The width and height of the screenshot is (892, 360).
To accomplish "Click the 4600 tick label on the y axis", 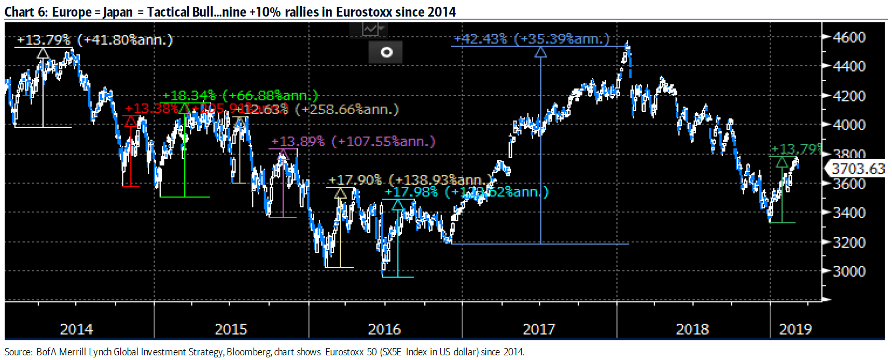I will (849, 37).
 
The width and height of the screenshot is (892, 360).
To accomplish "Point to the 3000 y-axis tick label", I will (849, 271).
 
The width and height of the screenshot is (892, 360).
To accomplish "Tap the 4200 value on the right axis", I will (849, 96).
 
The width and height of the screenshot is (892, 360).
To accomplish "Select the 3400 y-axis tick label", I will (849, 213).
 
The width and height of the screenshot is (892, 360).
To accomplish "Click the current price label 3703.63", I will (858, 169).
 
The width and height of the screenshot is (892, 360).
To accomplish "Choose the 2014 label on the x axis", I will (76, 329).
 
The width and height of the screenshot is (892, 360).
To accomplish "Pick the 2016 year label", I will (384, 329).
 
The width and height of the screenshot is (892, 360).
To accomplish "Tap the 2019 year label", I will (795, 329).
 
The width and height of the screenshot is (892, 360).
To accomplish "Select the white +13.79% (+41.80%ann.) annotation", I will (95, 39).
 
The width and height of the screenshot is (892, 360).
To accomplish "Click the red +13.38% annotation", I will (151, 108).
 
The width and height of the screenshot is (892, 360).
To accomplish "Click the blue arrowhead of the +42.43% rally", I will (540, 52).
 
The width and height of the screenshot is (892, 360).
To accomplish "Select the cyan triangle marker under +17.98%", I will (398, 205).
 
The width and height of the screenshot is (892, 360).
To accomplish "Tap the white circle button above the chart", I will (386, 52).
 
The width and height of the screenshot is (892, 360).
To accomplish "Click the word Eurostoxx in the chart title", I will (363, 11).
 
